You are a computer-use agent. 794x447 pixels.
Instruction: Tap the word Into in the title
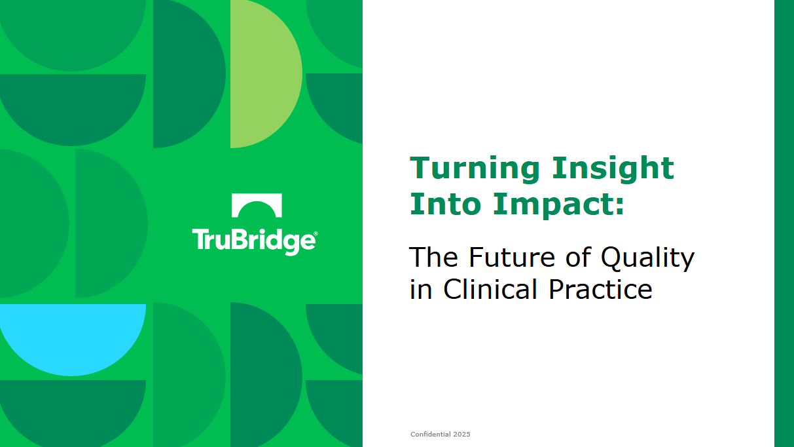445,203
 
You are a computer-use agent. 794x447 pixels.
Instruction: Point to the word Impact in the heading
553,205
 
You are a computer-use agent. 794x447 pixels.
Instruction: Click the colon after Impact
620,206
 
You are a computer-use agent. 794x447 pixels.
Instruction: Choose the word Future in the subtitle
512,257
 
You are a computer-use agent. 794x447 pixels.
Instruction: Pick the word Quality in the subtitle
647,258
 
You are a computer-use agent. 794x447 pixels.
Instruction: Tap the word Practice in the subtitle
600,288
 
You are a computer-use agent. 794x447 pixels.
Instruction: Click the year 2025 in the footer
461,434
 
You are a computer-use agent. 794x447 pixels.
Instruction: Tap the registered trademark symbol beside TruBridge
316,233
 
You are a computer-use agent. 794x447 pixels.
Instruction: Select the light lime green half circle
266,74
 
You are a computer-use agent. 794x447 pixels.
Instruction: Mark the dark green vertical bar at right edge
784,223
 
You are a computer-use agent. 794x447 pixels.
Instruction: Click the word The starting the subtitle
433,257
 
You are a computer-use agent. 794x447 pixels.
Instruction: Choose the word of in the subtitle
579,257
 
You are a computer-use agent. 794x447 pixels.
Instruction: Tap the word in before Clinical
421,288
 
